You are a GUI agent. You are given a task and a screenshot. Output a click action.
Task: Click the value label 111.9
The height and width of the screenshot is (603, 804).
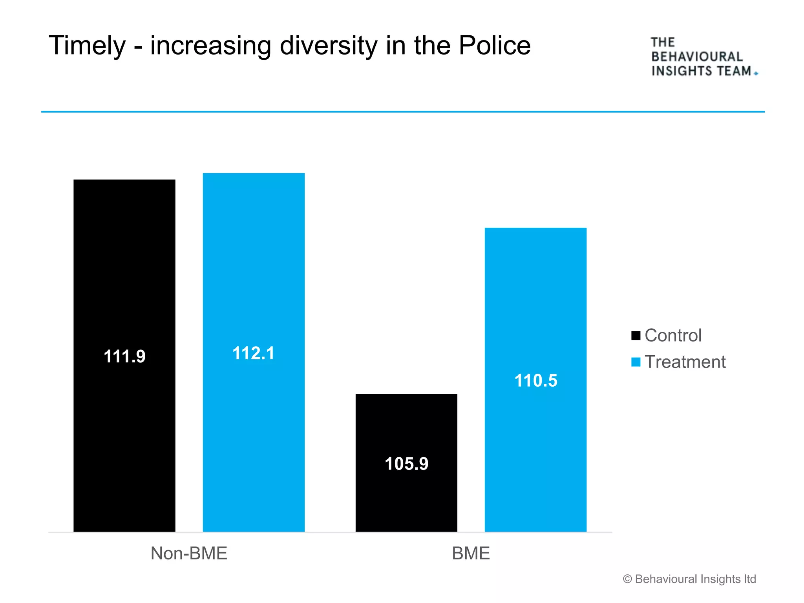124,356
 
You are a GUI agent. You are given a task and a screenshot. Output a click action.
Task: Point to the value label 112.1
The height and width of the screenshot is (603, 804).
254,353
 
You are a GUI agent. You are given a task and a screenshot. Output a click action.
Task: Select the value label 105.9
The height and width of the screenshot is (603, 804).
406,464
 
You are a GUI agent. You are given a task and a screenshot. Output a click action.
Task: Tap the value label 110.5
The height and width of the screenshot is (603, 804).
536,380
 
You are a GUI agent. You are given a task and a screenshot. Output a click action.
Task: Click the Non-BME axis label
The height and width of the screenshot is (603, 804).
189,553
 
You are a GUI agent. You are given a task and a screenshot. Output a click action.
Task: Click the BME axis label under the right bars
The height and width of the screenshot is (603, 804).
471,553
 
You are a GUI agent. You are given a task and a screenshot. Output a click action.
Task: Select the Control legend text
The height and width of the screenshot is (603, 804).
673,336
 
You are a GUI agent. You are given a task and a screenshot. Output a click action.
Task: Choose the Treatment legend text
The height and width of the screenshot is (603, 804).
685,362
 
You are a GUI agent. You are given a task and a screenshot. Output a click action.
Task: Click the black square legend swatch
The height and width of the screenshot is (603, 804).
636,336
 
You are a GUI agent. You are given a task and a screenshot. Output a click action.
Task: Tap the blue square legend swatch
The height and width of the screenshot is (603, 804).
636,362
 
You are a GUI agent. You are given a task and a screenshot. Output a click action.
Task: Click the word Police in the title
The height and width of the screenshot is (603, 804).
495,46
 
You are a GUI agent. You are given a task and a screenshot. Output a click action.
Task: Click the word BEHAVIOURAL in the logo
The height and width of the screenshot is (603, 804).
697,57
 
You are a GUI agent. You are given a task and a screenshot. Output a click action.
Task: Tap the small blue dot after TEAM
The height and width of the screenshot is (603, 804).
756,73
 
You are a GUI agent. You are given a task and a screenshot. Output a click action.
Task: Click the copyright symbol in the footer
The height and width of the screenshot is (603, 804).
627,579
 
